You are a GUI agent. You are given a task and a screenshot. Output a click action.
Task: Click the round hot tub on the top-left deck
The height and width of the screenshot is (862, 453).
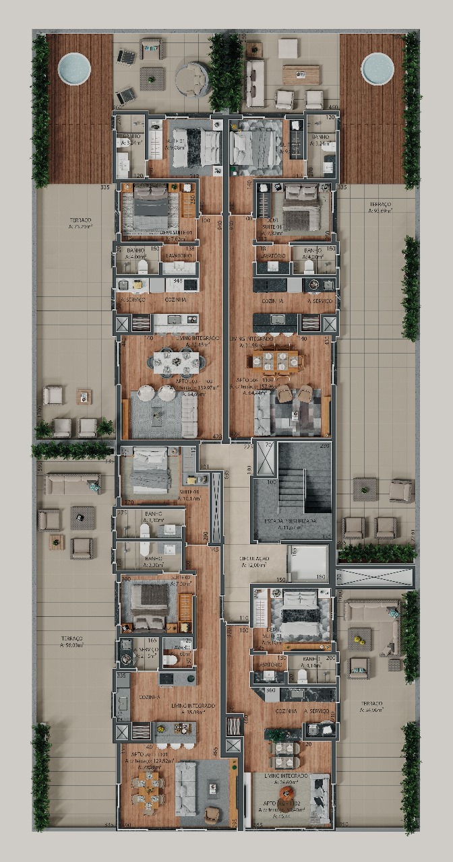click(74, 67)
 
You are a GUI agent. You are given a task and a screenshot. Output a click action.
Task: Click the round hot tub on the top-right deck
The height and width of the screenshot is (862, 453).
click(377, 67)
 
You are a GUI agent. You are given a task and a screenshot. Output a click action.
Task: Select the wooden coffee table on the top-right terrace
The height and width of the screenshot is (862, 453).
click(301, 74)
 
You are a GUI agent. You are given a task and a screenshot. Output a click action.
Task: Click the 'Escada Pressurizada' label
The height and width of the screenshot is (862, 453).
click(293, 522)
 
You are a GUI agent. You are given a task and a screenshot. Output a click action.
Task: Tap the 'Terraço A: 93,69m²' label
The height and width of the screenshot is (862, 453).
click(381, 206)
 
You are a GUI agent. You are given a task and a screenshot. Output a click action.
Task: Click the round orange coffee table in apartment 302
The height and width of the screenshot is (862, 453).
click(286, 793)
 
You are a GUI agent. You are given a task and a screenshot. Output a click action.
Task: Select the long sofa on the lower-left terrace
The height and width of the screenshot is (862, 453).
click(73, 483)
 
